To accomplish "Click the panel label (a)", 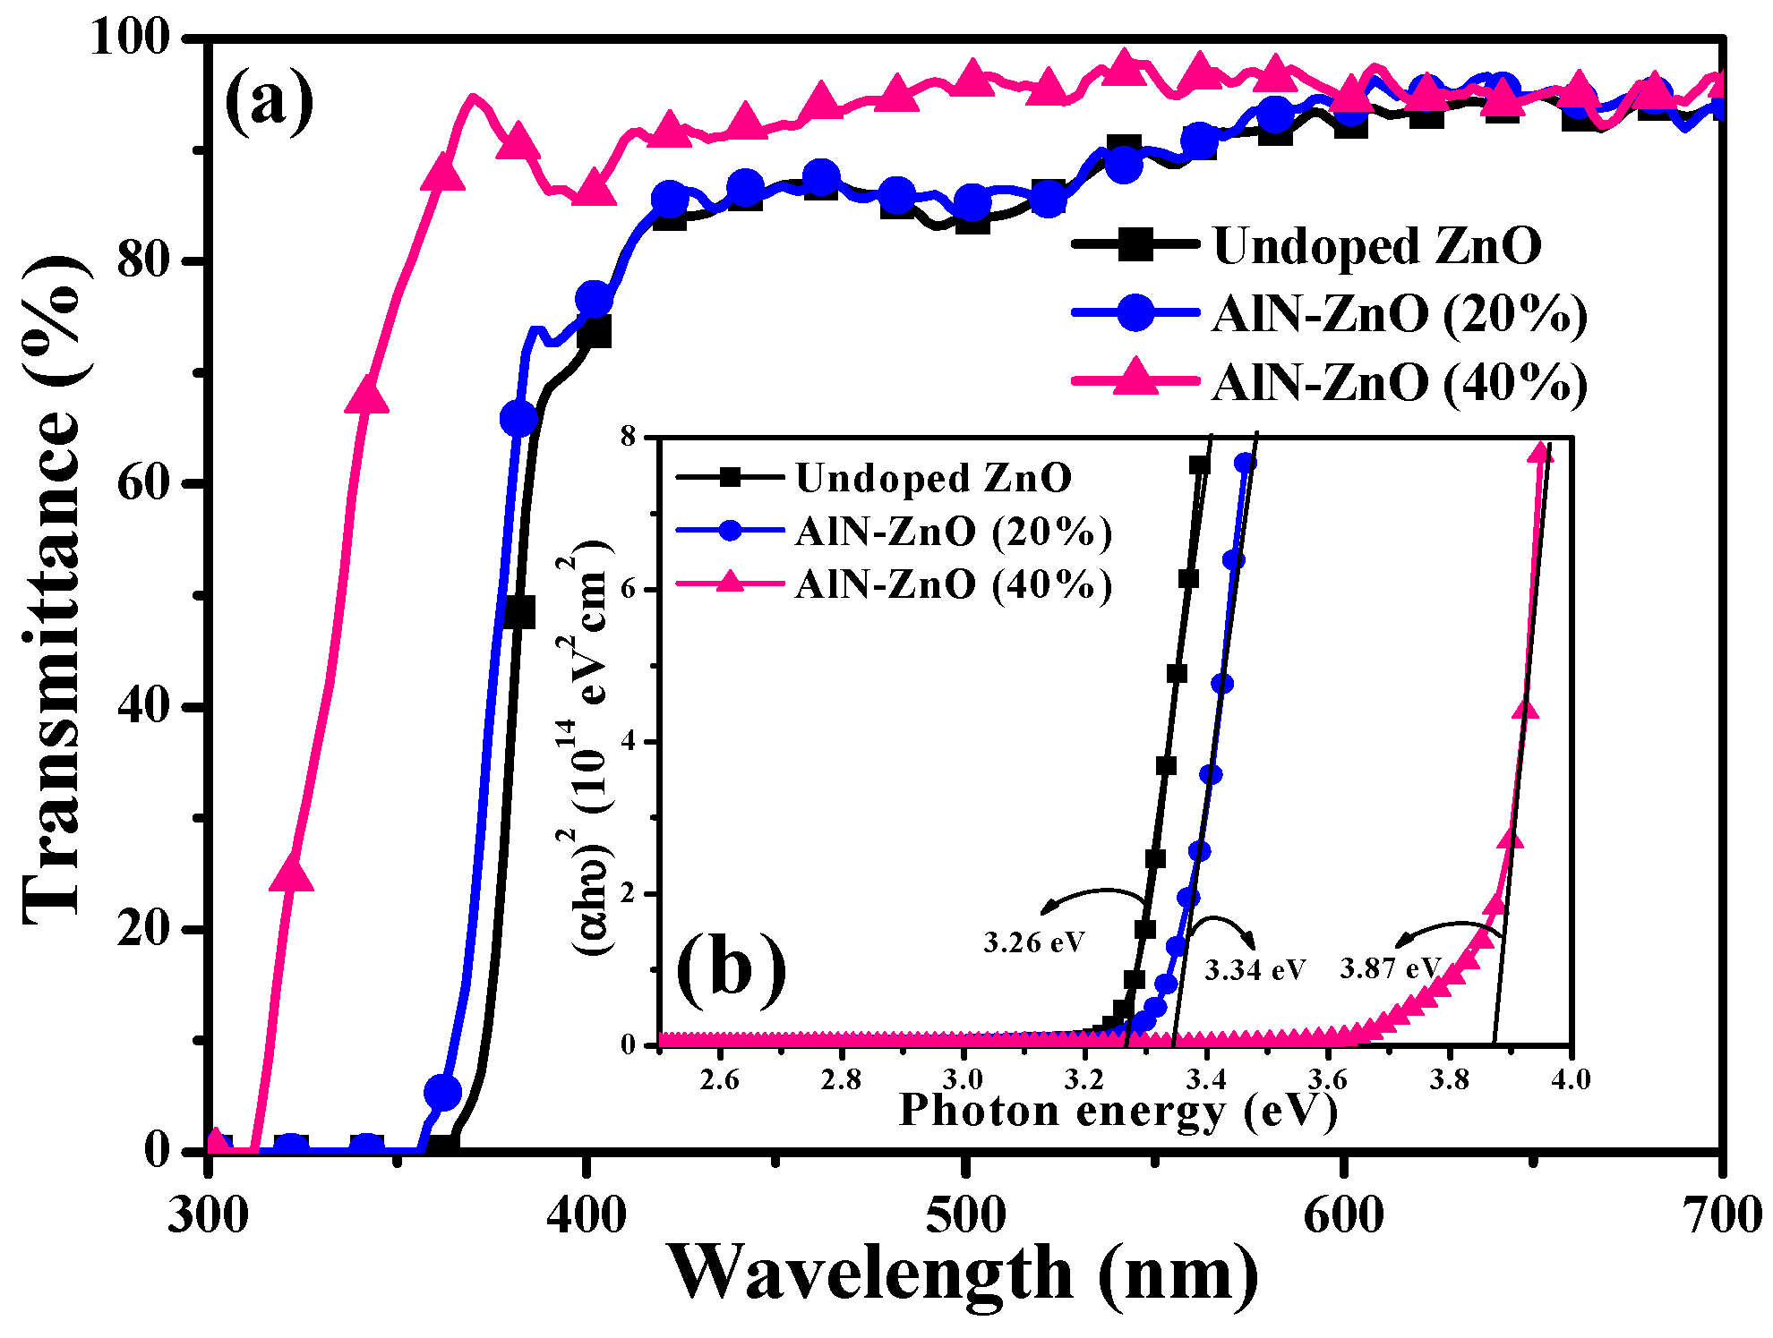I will (x=269, y=101).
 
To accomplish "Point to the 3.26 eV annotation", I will (x=1033, y=942).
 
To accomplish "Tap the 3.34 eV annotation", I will (x=1255, y=970).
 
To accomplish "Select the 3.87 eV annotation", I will (x=1389, y=968).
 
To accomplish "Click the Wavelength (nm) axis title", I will (x=963, y=1273).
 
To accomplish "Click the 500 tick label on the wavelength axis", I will (x=965, y=1215).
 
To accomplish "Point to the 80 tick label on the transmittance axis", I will (x=143, y=260).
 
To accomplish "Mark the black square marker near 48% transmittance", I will (x=518, y=613).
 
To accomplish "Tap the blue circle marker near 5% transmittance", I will (x=442, y=1092).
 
